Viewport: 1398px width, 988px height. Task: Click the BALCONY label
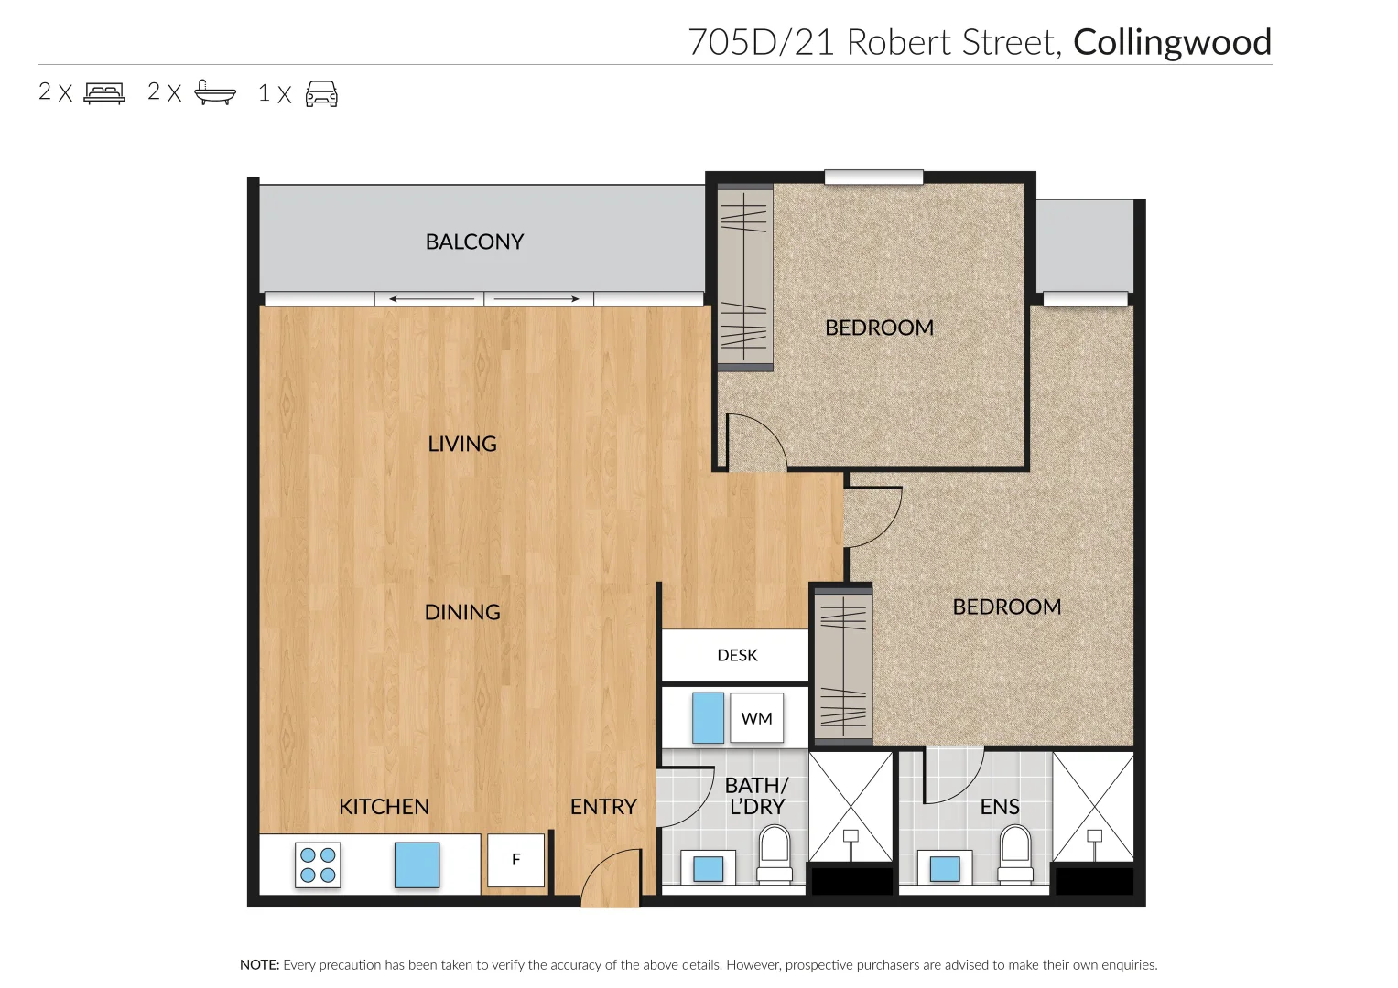[x=474, y=242]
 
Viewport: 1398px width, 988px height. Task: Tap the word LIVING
[x=462, y=444]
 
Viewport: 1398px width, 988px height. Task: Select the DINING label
[x=462, y=612]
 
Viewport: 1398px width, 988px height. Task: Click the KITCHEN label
[x=384, y=807]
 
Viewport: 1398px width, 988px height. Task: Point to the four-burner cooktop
[x=318, y=864]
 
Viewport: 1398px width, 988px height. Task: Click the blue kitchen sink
[x=417, y=864]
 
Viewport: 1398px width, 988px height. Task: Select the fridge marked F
[x=515, y=860]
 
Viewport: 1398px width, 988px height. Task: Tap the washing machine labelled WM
[x=756, y=718]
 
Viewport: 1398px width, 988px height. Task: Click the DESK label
[x=737, y=655]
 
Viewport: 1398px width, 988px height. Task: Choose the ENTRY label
[x=603, y=807]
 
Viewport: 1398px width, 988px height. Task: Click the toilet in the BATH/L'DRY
[x=775, y=854]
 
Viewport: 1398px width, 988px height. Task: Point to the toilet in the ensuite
[x=1014, y=854]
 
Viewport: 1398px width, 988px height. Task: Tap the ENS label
[x=1000, y=807]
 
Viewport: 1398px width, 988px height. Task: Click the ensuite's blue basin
[x=945, y=867]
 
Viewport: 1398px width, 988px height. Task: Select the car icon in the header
[x=321, y=93]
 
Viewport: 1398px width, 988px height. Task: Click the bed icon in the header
[x=104, y=92]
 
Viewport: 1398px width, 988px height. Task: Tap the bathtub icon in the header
[x=215, y=92]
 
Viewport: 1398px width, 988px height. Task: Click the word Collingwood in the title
[x=1172, y=42]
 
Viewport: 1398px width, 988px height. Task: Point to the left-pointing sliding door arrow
[x=430, y=299]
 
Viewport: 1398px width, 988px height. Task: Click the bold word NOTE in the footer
[x=259, y=964]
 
